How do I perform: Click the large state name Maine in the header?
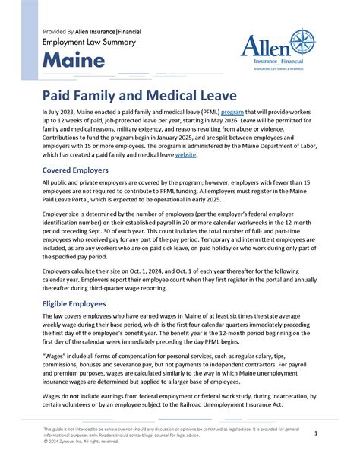point(71,60)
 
